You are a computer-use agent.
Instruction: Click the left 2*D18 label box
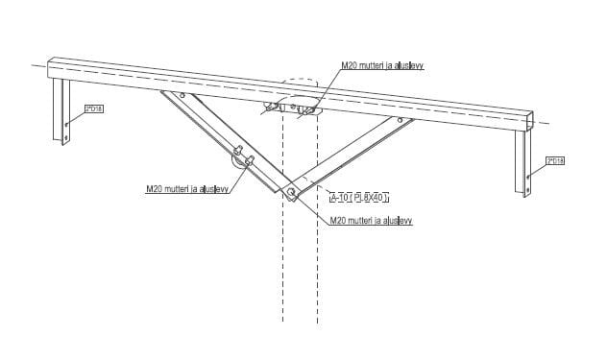click(x=94, y=109)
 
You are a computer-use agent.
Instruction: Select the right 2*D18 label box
click(x=554, y=161)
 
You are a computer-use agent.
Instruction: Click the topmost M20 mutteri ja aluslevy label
click(x=382, y=66)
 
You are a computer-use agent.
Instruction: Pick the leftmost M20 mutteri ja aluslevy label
click(x=186, y=189)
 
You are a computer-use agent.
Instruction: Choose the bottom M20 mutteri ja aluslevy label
click(x=370, y=221)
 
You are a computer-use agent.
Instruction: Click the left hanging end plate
click(x=64, y=110)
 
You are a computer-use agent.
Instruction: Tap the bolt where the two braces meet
click(x=291, y=191)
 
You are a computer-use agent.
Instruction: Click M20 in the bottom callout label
click(x=337, y=221)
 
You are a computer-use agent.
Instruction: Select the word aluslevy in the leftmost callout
click(x=212, y=189)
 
